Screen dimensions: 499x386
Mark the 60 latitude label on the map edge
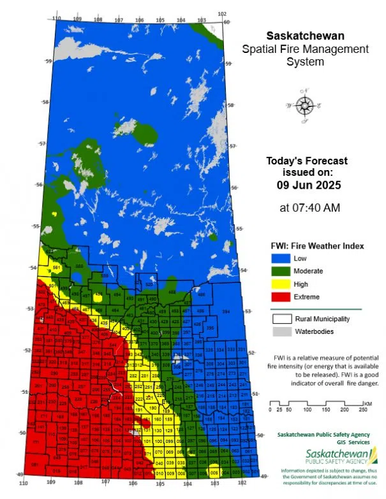226,22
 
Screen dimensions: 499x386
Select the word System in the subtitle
304,62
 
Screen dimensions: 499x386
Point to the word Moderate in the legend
308,271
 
